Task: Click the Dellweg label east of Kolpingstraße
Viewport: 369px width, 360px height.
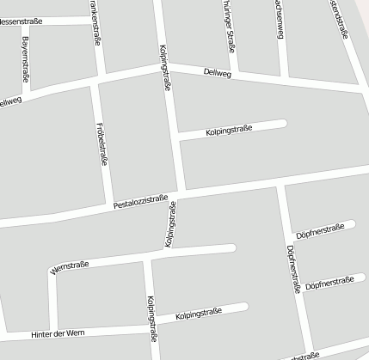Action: [x=219, y=74]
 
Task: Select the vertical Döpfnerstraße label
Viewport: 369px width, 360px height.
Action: [x=292, y=272]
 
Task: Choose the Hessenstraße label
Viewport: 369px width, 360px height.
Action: [x=19, y=21]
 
